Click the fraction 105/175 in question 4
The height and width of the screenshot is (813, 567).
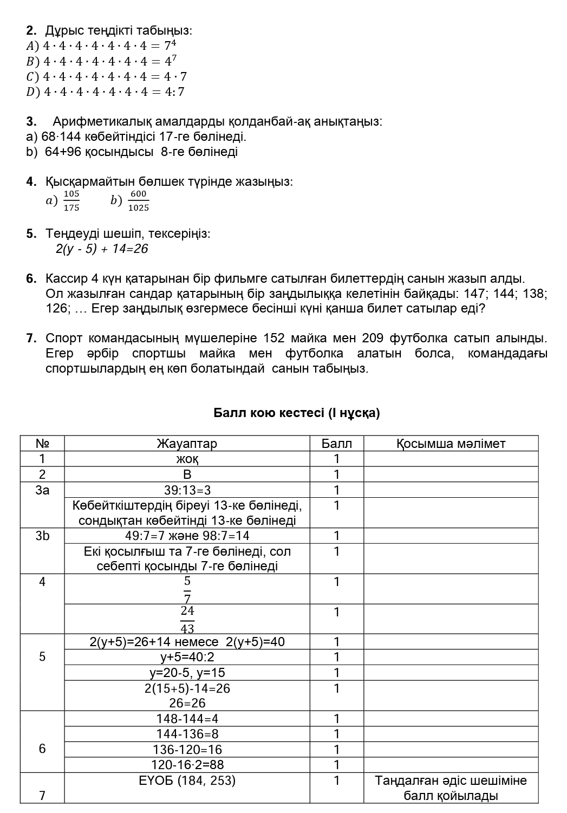[x=71, y=200]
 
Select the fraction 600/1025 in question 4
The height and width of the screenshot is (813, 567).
[x=139, y=200]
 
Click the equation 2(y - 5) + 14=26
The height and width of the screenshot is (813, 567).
[x=101, y=249]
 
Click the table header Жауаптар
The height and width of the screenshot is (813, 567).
[x=187, y=444]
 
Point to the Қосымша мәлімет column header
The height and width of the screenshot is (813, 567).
[x=451, y=444]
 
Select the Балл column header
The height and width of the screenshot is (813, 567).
[x=336, y=444]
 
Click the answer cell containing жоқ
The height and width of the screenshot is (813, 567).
[x=187, y=459]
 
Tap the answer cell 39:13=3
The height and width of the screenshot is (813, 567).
[x=187, y=490]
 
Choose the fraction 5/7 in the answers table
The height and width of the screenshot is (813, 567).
[x=187, y=589]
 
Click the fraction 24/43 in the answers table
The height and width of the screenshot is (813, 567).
[x=187, y=619]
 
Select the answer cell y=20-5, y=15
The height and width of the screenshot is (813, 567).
[x=187, y=673]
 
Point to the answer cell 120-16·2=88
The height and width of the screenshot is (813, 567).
[x=187, y=765]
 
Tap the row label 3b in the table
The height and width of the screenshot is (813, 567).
[x=42, y=536]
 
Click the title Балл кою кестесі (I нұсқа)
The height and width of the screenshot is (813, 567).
[x=297, y=413]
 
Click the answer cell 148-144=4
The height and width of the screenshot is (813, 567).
[x=187, y=719]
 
